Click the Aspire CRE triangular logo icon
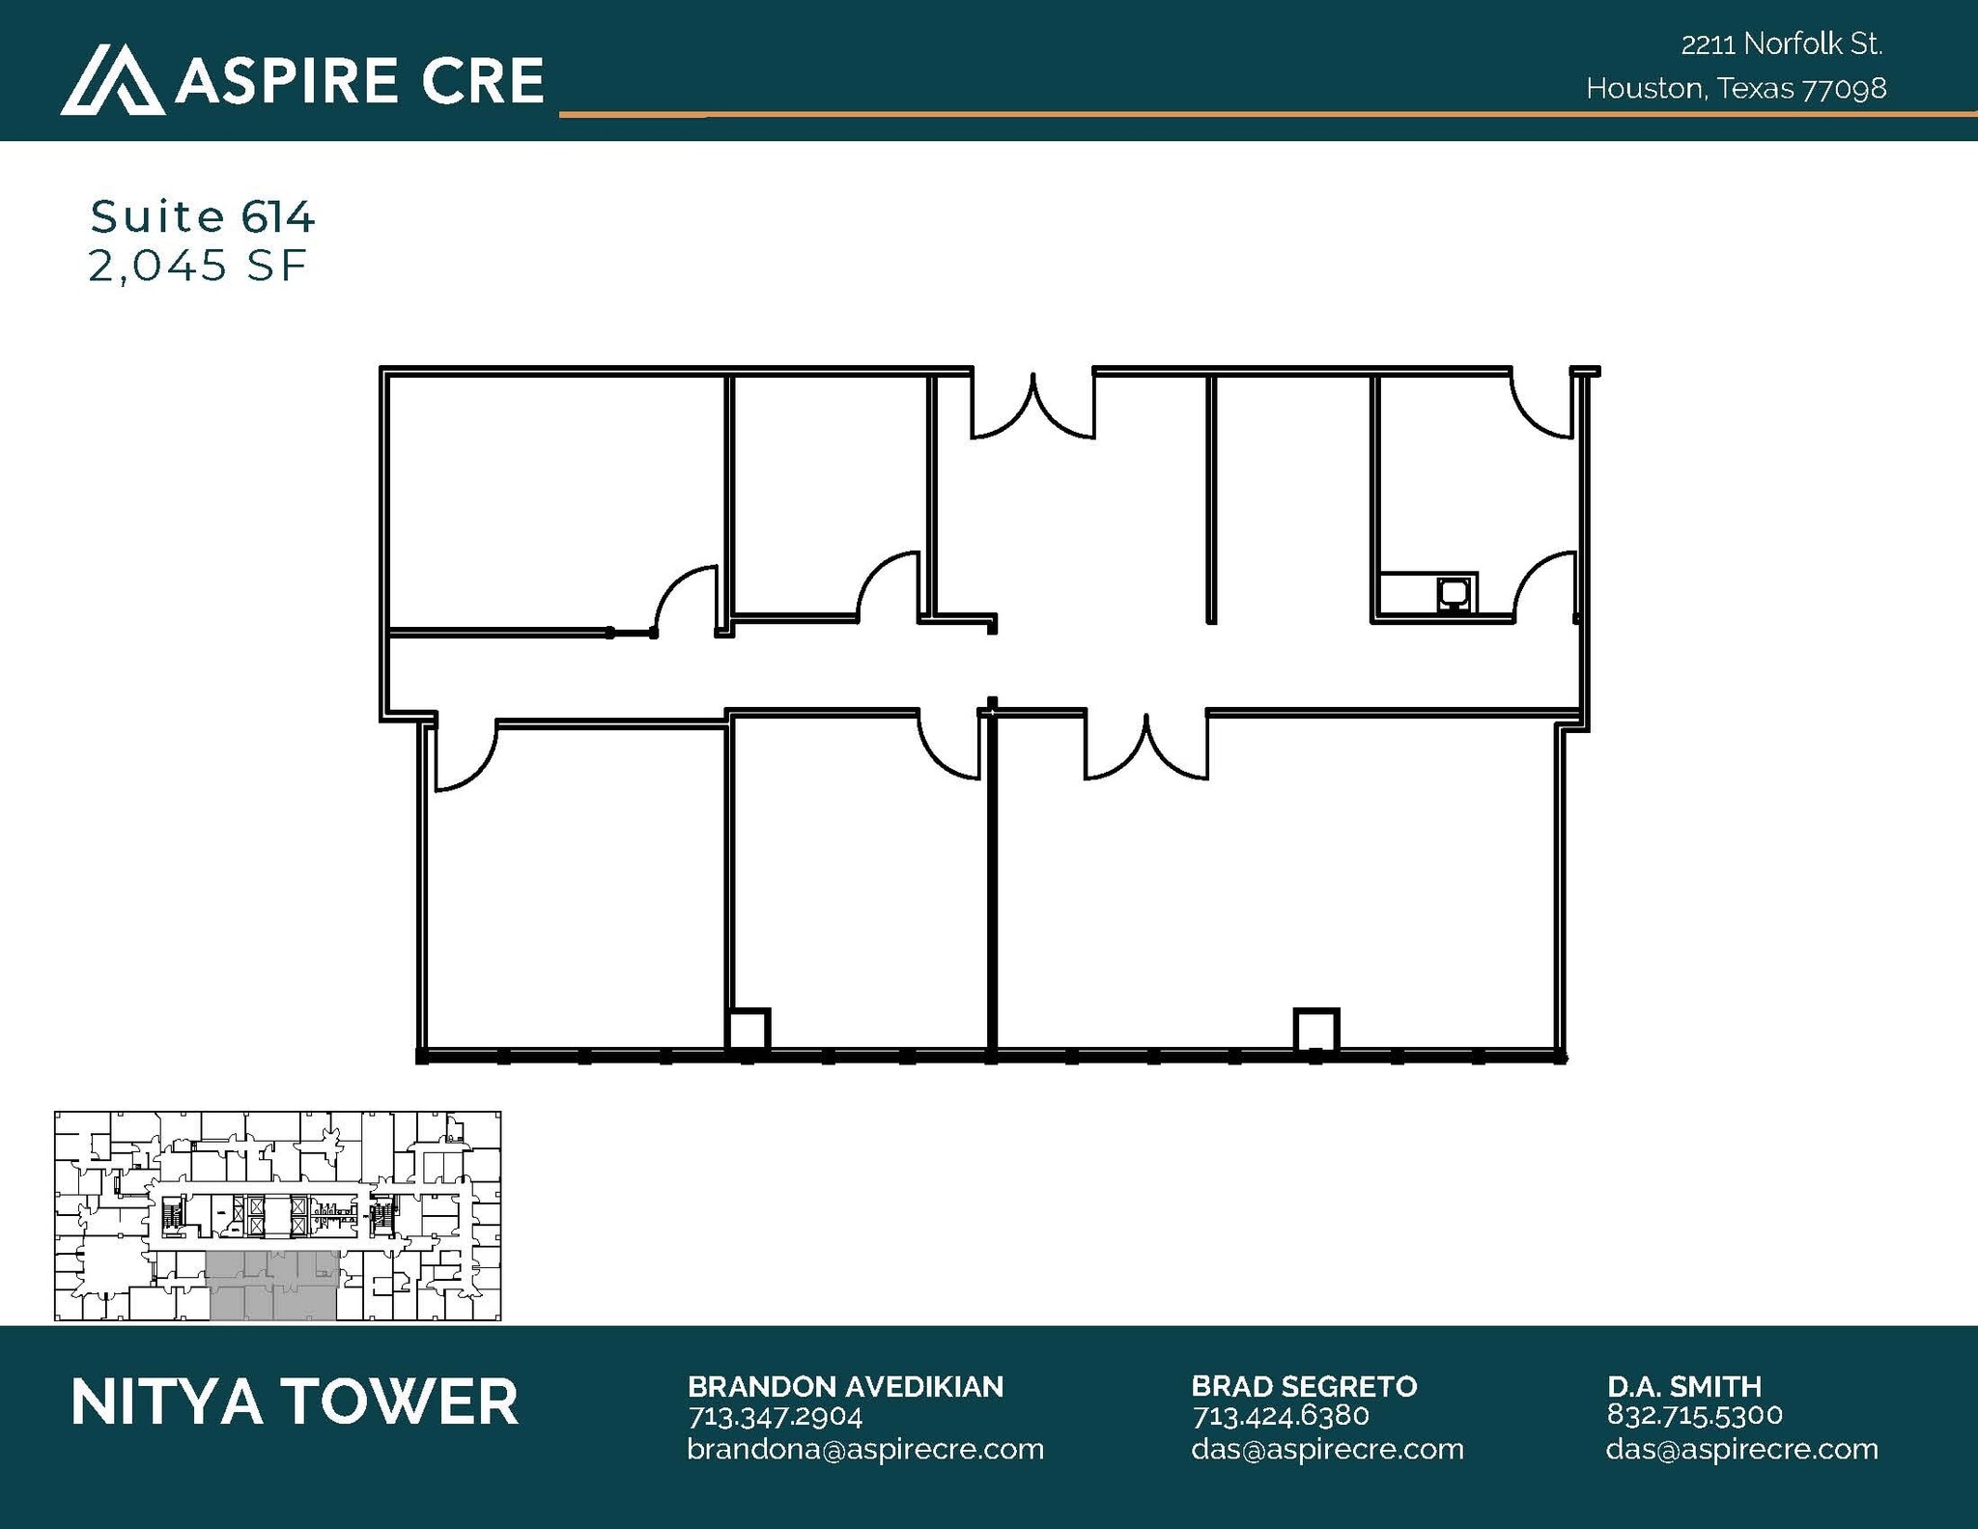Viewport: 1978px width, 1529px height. [111, 79]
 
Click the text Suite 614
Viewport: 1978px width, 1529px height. [202, 216]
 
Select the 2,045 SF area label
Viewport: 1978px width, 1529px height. [197, 266]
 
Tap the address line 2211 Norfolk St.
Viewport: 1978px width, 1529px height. [1782, 44]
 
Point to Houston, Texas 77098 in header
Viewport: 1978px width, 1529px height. [1736, 89]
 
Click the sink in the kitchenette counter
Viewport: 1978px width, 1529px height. [1453, 592]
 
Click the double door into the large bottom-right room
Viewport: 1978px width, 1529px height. [1146, 748]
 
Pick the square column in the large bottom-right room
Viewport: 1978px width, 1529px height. [1315, 1030]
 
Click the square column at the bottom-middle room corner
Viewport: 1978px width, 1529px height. [748, 1030]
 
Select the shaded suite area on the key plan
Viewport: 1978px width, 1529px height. [273, 1285]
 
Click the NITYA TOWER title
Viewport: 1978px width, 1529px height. [295, 1402]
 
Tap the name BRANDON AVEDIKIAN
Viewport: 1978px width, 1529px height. [845, 1387]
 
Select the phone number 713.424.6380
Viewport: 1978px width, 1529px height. [1281, 1416]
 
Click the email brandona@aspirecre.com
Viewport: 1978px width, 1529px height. [865, 1449]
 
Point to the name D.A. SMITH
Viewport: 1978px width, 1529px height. [1684, 1387]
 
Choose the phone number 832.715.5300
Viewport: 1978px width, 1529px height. [1694, 1415]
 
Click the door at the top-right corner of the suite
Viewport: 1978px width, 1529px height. [1543, 407]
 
